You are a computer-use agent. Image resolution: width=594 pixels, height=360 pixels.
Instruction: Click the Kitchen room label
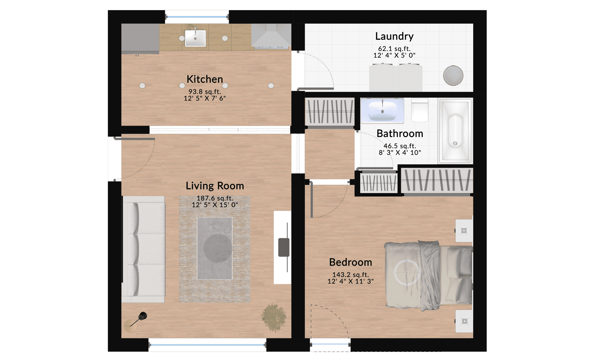click(205, 79)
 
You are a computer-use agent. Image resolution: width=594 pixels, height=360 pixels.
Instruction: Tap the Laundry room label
click(394, 36)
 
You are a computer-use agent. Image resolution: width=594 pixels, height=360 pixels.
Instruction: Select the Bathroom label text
click(400, 133)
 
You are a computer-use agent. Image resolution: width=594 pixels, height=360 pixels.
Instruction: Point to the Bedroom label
click(350, 262)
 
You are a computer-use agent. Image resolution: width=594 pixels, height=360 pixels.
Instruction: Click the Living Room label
click(215, 186)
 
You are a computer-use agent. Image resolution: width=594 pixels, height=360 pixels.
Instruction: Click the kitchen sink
click(195, 38)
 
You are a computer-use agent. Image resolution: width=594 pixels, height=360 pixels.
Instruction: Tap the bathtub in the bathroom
click(455, 131)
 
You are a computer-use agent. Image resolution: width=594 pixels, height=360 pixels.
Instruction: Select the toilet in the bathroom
click(420, 110)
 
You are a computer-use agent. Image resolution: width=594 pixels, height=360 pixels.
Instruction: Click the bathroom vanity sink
click(382, 111)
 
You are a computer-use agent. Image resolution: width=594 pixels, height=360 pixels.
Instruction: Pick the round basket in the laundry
click(453, 76)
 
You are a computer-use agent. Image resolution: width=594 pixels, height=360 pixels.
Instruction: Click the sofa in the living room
click(144, 249)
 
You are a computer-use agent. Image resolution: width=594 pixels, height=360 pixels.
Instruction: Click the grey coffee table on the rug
click(214, 248)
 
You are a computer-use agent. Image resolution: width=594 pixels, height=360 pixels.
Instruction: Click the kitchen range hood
click(271, 35)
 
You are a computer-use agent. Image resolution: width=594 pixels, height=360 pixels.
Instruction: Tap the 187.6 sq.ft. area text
click(215, 198)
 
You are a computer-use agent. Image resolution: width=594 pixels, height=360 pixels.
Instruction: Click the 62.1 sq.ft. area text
click(394, 49)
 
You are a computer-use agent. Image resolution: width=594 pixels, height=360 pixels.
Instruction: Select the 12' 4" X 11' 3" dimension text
click(350, 281)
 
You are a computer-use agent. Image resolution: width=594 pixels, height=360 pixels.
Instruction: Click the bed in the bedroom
click(428, 276)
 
